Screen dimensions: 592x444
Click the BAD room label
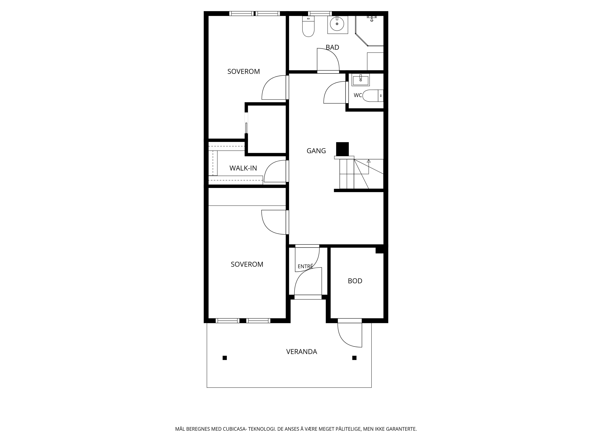click(x=332, y=47)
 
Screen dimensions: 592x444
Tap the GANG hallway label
click(x=316, y=151)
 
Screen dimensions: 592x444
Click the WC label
click(x=358, y=95)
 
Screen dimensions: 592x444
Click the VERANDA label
click(x=302, y=352)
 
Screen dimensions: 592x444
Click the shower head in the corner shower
click(x=372, y=18)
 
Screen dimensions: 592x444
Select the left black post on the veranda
click(x=225, y=358)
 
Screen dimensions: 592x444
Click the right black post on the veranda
click(x=354, y=358)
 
